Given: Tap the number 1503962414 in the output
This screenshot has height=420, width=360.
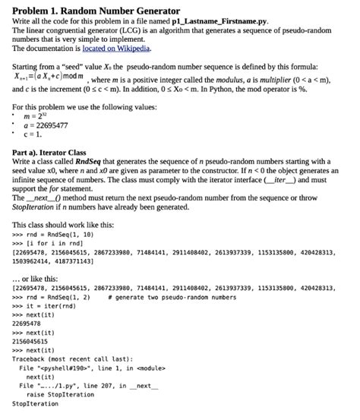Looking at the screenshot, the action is click(36, 260).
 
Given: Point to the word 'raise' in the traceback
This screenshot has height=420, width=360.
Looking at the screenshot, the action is click(36, 394).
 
